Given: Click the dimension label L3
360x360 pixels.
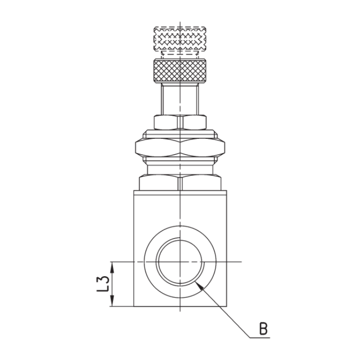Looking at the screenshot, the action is coord(103,284).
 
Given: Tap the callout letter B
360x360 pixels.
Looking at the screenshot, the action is coord(263,329).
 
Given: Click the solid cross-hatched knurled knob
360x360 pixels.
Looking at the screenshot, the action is coord(180,70).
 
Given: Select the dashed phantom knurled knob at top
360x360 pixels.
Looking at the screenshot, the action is coord(180,39).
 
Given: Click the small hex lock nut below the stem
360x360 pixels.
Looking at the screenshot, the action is coord(180,122).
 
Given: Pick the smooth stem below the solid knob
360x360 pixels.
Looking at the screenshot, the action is coord(180,99).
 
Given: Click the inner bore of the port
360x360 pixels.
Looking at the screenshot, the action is coord(180,262).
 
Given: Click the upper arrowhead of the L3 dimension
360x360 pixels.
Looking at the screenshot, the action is coord(112,267).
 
